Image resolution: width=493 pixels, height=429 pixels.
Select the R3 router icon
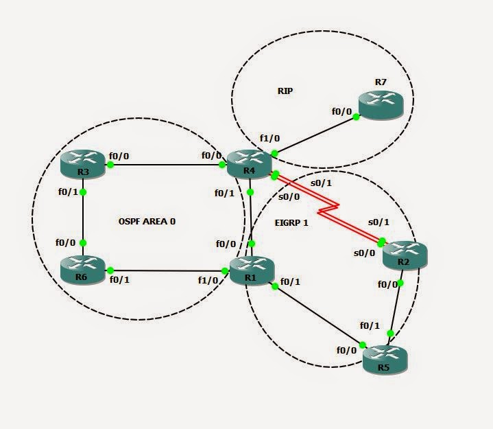(82, 163)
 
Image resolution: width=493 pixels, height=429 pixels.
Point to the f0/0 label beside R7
(341, 111)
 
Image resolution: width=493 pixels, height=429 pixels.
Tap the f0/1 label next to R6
(121, 279)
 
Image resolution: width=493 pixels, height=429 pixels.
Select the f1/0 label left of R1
(208, 280)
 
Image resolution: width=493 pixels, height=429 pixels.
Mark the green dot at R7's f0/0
(357, 117)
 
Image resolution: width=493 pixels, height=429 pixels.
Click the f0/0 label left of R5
(346, 350)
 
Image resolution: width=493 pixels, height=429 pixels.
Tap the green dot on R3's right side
(109, 165)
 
